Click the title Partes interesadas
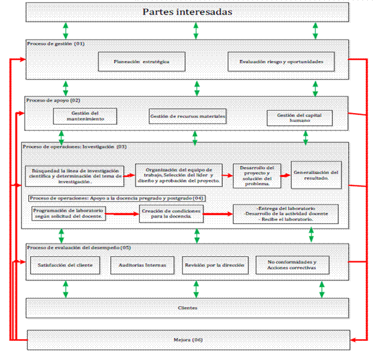[x=188, y=12]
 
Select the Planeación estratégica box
[x=141, y=61]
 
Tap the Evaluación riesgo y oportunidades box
[x=281, y=62]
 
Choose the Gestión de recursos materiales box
[x=187, y=116]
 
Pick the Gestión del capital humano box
[x=298, y=117]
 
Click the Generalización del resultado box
[x=316, y=175]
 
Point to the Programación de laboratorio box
[x=70, y=213]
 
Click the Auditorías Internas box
[x=142, y=264]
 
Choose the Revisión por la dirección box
[x=214, y=264]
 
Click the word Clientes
[x=187, y=308]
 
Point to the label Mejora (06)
[x=187, y=340]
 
